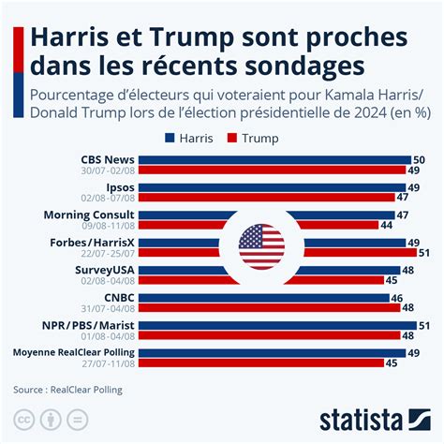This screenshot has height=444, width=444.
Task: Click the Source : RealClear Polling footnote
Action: pyautogui.click(x=67, y=389)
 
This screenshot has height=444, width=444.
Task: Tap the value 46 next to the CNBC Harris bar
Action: pyautogui.click(x=397, y=297)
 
